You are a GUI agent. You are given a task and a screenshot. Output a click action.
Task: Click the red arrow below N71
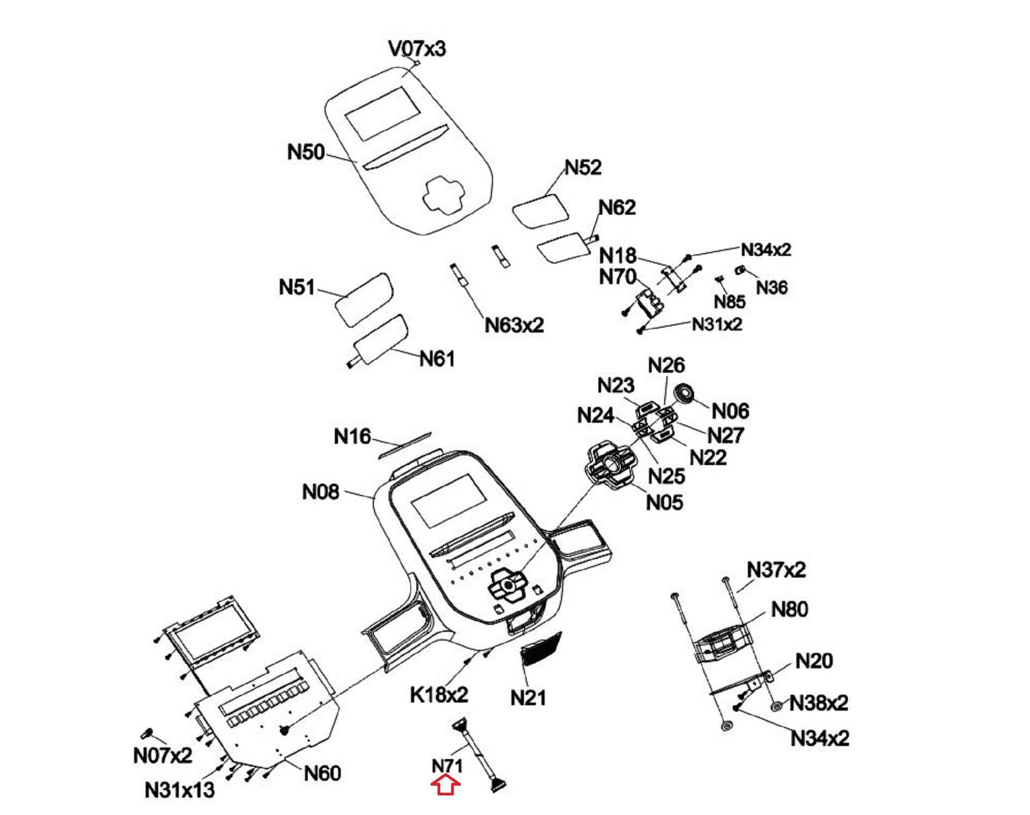click(x=446, y=785)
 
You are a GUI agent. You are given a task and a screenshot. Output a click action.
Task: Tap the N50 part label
click(x=305, y=152)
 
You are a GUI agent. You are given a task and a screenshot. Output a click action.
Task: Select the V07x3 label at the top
click(x=417, y=49)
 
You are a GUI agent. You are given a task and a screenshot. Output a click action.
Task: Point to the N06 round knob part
click(x=684, y=393)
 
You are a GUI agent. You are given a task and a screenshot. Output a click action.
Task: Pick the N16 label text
click(x=352, y=436)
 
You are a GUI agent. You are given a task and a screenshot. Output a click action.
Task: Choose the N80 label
click(x=789, y=609)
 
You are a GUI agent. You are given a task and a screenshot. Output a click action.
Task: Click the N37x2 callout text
click(x=776, y=570)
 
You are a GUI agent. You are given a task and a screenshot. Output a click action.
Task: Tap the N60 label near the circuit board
click(x=322, y=773)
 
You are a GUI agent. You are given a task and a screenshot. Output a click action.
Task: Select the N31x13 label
click(x=179, y=790)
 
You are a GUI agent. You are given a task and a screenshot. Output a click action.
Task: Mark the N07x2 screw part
click(x=147, y=733)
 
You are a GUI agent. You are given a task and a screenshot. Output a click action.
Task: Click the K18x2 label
click(x=439, y=694)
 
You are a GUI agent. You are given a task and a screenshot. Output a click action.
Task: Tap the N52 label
click(x=583, y=167)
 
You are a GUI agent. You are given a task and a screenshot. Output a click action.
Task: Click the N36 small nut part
click(x=739, y=269)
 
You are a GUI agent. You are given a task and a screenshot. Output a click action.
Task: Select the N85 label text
click(x=729, y=302)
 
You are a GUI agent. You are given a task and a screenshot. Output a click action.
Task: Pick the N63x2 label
click(x=514, y=325)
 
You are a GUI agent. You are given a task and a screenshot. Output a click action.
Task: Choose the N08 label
click(x=320, y=492)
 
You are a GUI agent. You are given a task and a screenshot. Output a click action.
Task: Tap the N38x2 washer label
click(x=818, y=703)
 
